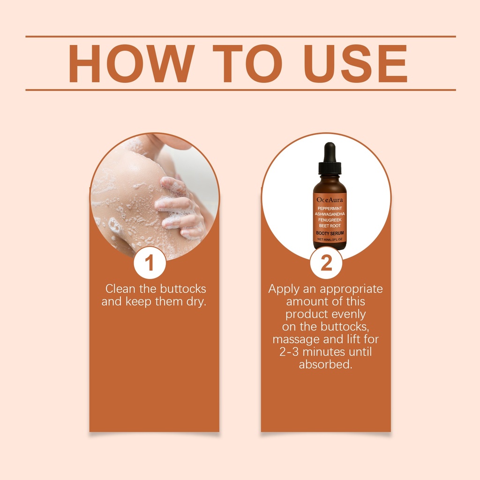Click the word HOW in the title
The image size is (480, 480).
click(x=132, y=64)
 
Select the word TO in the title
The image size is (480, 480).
click(x=247, y=64)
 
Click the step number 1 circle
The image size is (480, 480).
click(x=150, y=262)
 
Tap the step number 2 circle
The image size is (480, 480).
click(x=326, y=262)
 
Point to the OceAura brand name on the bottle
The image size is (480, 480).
click(x=330, y=200)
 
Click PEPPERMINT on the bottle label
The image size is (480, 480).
click(x=330, y=209)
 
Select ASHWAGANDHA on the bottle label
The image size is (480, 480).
click(x=330, y=214)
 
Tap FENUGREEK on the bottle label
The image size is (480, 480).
click(x=330, y=220)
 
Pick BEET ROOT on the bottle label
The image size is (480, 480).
click(x=330, y=225)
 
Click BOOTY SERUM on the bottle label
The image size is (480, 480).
click(x=330, y=233)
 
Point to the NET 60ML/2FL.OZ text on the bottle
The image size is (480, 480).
click(x=330, y=240)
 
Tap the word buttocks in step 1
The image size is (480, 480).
click(x=183, y=289)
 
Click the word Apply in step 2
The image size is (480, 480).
click(x=284, y=289)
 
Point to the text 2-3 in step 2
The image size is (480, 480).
click(x=289, y=352)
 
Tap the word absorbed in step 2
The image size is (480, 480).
click(x=325, y=364)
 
